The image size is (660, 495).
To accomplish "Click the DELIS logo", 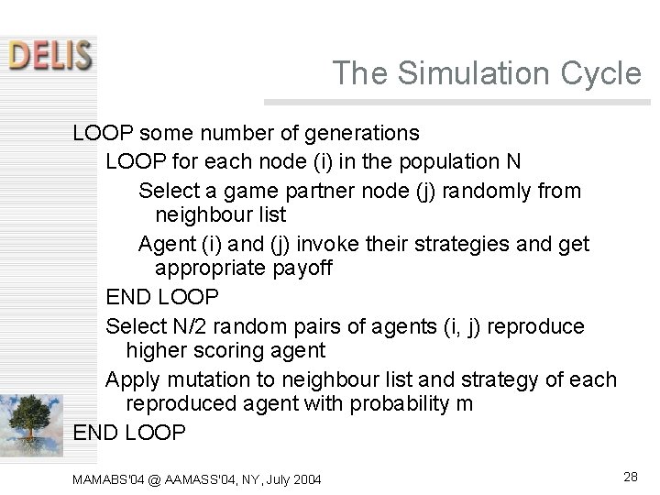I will (x=50, y=54).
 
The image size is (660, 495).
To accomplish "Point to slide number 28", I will (x=631, y=476).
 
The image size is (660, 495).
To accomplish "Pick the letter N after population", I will (x=513, y=161).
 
